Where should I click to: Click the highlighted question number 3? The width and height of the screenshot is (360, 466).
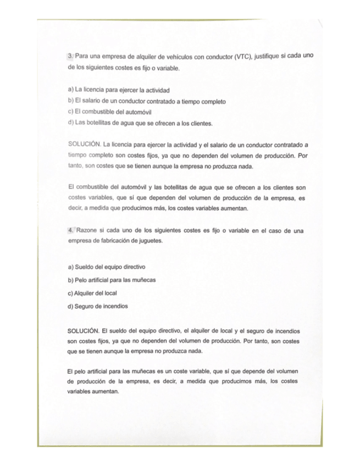70,57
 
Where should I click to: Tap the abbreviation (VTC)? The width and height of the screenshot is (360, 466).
243,57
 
